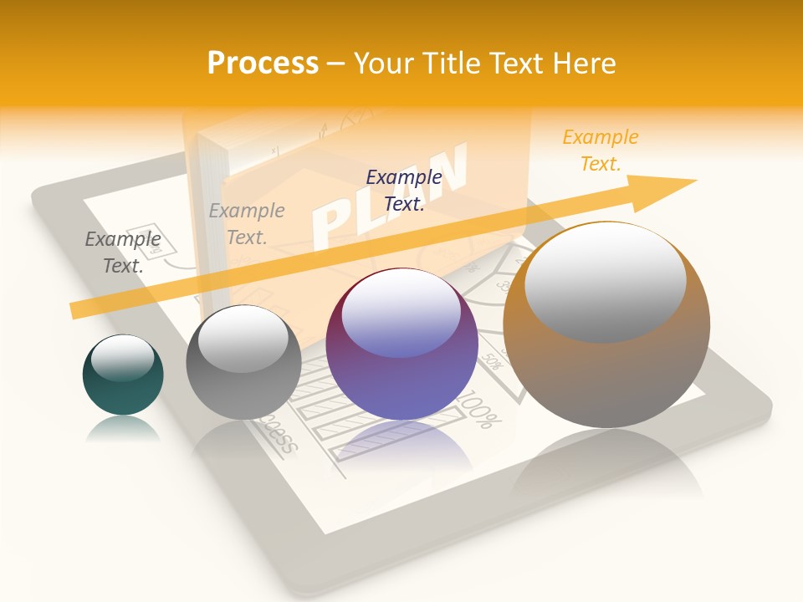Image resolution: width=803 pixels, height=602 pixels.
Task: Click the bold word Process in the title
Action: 263,63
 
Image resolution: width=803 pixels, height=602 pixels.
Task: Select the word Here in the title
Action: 583,63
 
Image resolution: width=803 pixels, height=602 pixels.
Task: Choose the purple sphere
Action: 401,368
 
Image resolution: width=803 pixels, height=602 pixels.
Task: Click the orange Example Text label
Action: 601,150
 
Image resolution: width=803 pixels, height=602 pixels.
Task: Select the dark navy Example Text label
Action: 404,190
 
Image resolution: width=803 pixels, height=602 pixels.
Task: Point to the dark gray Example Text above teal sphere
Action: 123,253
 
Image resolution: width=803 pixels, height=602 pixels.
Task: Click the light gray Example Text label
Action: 247,223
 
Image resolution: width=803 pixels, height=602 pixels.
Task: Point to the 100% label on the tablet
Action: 476,415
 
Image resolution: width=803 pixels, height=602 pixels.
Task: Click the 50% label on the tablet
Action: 492,361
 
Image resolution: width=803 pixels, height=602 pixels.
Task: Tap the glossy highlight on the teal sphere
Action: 123,357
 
